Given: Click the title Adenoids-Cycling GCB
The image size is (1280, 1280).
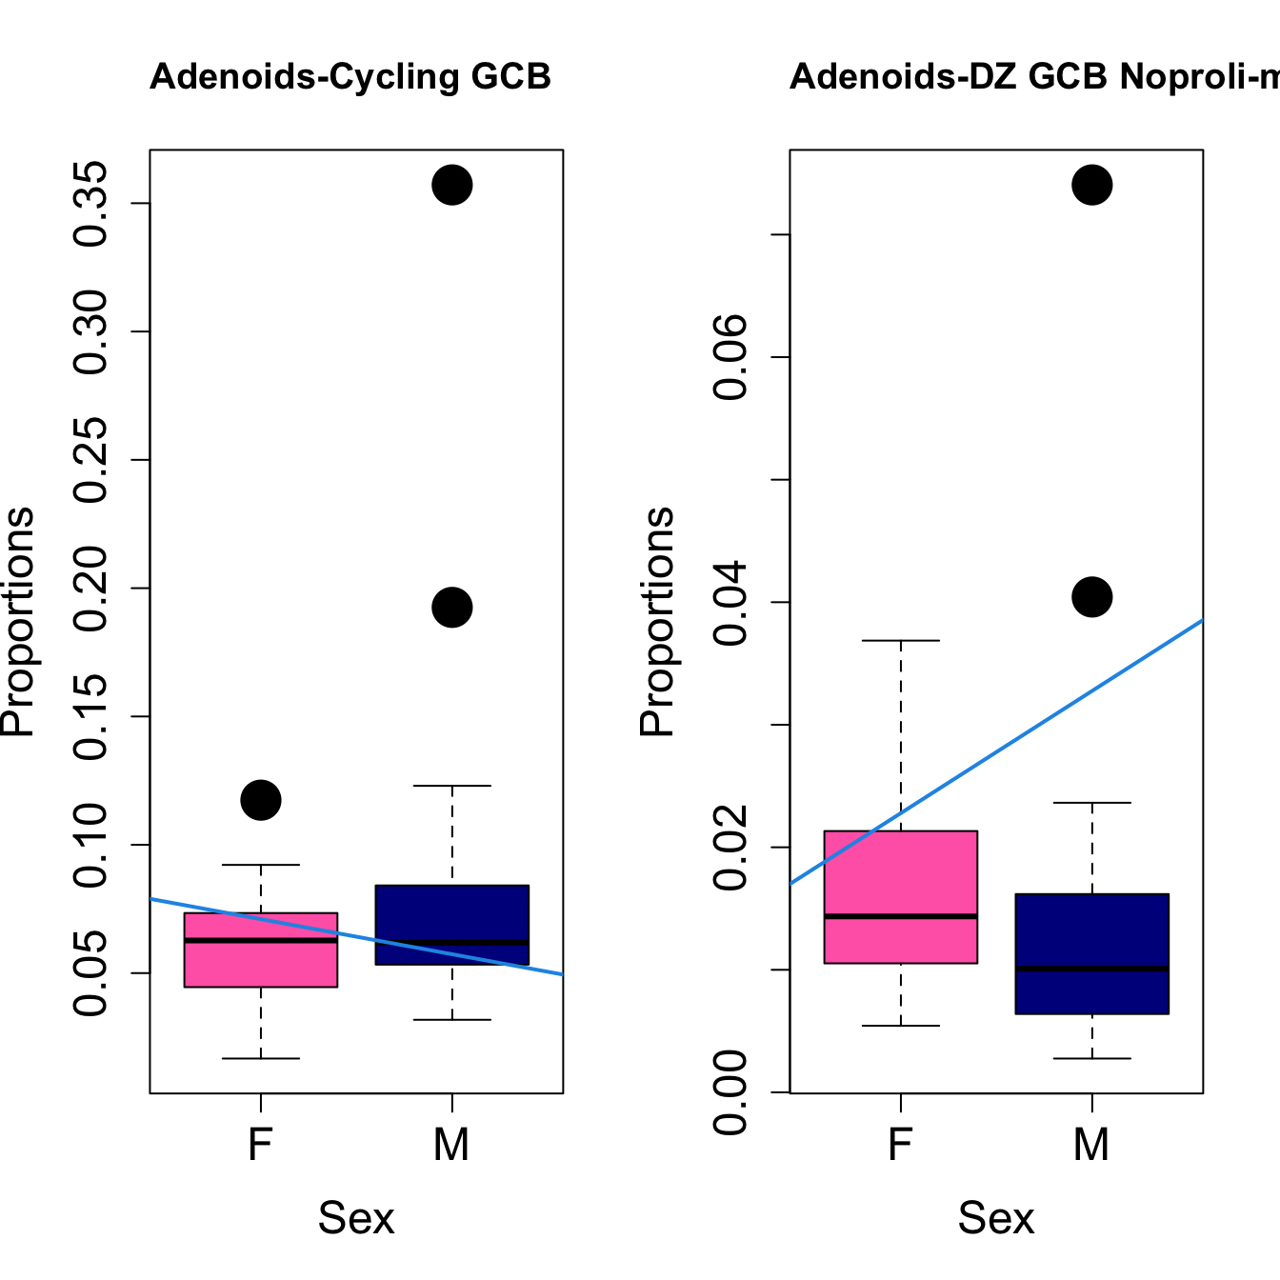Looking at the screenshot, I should point(350,76).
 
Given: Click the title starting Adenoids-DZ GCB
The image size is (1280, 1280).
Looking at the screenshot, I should point(1034,76).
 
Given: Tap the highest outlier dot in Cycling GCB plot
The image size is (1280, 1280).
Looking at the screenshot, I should point(452,185).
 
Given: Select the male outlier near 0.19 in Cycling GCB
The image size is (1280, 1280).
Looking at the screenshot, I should point(452,608).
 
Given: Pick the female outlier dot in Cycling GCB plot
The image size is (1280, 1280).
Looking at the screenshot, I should point(261,800).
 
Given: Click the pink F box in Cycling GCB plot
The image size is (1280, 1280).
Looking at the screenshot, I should point(261,962).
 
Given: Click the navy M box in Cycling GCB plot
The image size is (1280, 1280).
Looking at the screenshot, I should point(452,914).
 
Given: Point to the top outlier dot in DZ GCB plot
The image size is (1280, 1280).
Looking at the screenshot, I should point(1092,185).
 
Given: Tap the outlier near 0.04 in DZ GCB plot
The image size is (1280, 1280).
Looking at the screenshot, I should point(1092,597).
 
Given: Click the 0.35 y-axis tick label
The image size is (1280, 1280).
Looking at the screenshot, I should point(91,204).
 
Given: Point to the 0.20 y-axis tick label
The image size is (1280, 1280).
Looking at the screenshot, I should point(91,589).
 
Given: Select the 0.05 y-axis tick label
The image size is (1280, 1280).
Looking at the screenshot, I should point(91,973).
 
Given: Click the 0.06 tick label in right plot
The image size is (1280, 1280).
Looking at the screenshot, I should point(731,357).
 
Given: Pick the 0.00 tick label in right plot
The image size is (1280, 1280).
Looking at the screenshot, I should point(731,1092).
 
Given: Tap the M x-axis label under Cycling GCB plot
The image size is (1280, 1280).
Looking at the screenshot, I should point(451,1145).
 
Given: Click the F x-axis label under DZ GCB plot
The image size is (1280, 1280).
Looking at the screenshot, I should point(901,1145).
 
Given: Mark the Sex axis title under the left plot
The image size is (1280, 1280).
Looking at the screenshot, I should point(356,1218).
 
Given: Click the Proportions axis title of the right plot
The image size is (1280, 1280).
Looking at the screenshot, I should point(657,621).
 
